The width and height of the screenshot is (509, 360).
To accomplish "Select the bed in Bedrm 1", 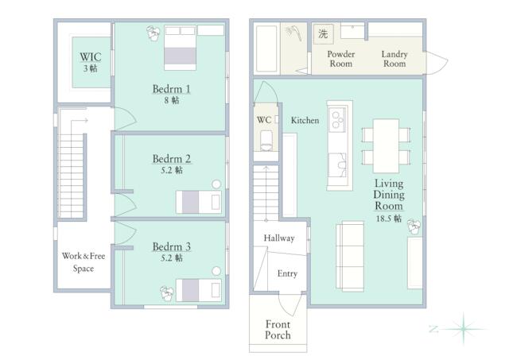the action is pos(181,48).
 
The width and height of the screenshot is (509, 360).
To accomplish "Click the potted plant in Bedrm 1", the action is pos(153,33).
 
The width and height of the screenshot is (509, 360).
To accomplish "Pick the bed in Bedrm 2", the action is pos(199,202).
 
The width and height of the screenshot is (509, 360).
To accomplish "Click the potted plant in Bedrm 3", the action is pos(167,293).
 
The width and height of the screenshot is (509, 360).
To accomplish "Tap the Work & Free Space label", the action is pos(84,262).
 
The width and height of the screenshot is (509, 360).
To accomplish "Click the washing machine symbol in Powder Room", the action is pos(324,33).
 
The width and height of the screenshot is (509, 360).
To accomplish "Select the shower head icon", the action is pos(293,33).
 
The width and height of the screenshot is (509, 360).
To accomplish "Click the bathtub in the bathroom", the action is pos(266,48).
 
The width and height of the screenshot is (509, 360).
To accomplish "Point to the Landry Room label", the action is pos(394,59).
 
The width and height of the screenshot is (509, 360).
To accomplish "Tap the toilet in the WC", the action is pos(266,141).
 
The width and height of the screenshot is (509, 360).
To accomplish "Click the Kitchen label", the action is pos(305,120).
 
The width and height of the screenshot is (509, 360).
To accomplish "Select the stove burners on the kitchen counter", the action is pos(337,120).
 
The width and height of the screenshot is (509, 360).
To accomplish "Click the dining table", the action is pos(386,146).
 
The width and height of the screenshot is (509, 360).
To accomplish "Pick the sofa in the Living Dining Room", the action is pos(350,256).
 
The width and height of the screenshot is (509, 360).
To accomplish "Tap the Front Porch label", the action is pos(278,330).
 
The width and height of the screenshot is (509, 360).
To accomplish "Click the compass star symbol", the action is pos(464,329).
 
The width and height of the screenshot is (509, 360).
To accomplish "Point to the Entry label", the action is pos(287,273).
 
